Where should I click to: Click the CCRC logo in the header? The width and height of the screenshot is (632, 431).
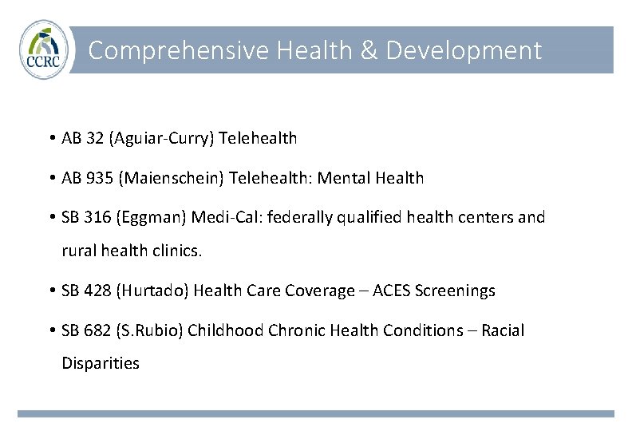pyautogui.click(x=44, y=49)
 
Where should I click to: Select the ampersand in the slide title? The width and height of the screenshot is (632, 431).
pyautogui.click(x=368, y=51)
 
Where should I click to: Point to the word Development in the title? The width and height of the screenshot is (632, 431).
pyautogui.click(x=464, y=51)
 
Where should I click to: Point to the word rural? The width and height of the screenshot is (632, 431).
pyautogui.click(x=78, y=251)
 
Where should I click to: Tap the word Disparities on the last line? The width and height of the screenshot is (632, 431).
pyautogui.click(x=101, y=363)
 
